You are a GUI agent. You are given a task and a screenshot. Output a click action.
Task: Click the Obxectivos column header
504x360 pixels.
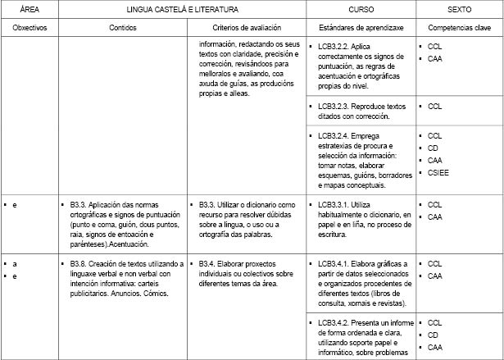coord(30,27)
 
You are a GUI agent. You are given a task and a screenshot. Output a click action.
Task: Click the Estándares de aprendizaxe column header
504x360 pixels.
coord(360,27)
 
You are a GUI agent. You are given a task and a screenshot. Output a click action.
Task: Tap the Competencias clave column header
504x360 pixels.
coord(459,27)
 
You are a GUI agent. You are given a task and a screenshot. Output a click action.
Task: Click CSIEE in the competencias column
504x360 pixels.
coord(438,173)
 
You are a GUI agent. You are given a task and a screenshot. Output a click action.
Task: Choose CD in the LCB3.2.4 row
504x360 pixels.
coord(434,148)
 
